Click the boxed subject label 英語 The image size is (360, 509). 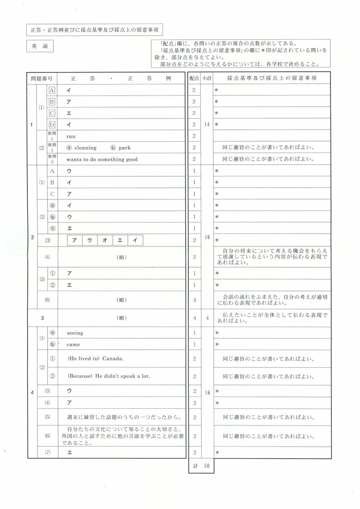click(x=36, y=46)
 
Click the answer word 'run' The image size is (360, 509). click(x=71, y=136)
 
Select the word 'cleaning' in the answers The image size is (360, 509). click(x=86, y=148)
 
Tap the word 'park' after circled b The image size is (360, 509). click(x=125, y=148)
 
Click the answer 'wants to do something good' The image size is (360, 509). click(x=102, y=159)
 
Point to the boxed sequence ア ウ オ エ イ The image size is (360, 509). click(x=106, y=240)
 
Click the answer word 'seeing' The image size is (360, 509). click(x=75, y=333)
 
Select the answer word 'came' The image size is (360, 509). click(x=73, y=344)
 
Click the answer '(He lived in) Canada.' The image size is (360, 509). click(x=96, y=359)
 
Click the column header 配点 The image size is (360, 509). click(x=194, y=78)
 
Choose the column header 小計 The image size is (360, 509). click(x=207, y=78)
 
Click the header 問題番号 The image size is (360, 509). click(x=42, y=78)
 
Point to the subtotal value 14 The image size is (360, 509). click(x=207, y=124)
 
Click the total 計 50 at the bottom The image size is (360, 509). click(x=201, y=466)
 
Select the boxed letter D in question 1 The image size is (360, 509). click(x=52, y=124)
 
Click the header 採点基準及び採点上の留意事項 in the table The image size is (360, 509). click(x=271, y=78)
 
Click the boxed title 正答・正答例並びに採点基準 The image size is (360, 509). click(x=94, y=30)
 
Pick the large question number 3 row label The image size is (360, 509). click(x=42, y=317)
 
